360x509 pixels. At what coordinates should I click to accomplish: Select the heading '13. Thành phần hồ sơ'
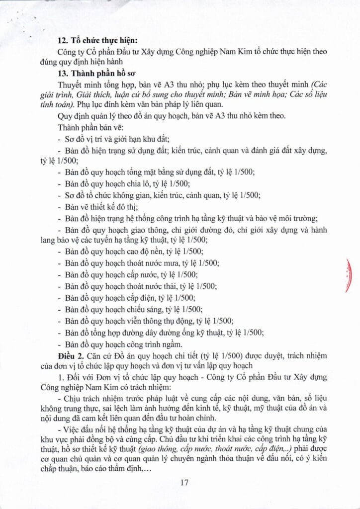click(x=99, y=73)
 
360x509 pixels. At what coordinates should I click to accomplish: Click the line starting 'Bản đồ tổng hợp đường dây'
click(x=164, y=333)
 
